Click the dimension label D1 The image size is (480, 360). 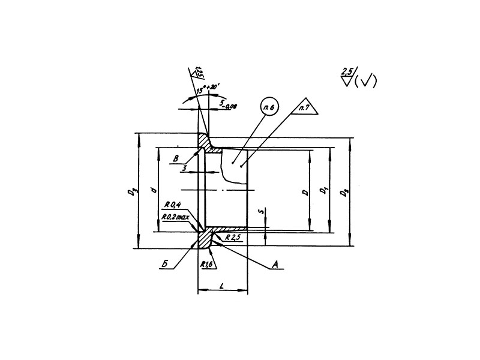pyautogui.click(x=323, y=191)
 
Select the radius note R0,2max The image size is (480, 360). pyautogui.click(x=175, y=217)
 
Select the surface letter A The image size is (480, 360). pyautogui.click(x=275, y=263)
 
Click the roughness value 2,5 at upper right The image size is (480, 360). pyautogui.click(x=346, y=72)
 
